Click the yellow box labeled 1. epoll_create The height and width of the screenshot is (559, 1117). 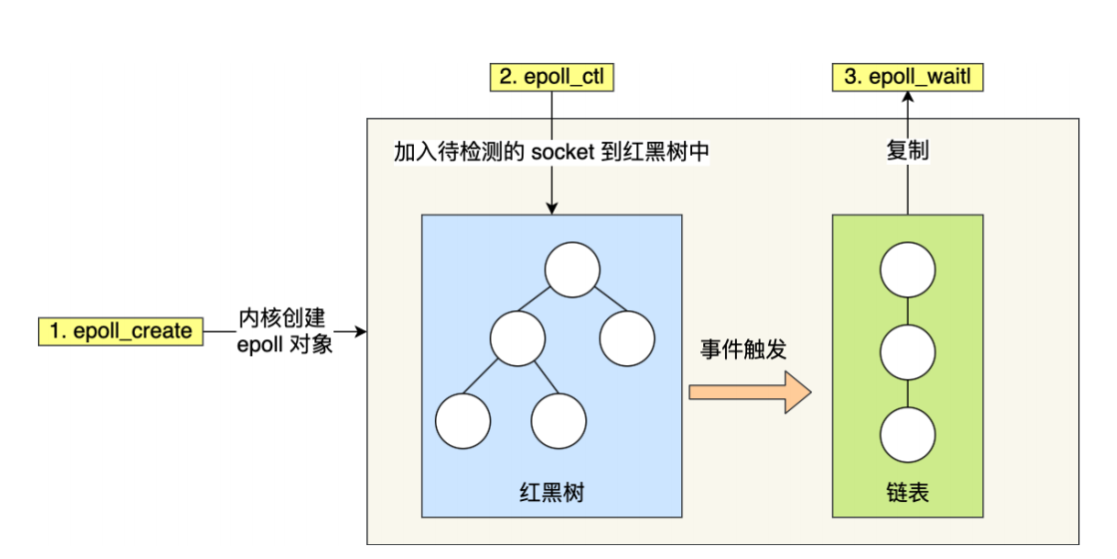[x=122, y=331]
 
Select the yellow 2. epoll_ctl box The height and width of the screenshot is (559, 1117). [x=550, y=77]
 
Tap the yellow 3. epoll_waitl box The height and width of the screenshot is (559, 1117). [x=907, y=77]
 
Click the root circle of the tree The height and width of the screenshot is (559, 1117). [x=571, y=270]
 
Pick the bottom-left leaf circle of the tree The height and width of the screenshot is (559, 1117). [x=464, y=420]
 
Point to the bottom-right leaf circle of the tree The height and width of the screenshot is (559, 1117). [x=558, y=420]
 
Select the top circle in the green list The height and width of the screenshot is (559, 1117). [x=908, y=270]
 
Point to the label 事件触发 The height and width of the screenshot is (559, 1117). [x=743, y=349]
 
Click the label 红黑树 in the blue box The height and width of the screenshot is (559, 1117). [x=551, y=491]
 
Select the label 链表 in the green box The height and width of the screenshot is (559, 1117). [x=907, y=491]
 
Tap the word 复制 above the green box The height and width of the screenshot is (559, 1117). [x=907, y=152]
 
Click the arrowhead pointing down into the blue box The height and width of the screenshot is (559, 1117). [x=551, y=208]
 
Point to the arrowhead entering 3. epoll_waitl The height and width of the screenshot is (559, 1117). [x=908, y=98]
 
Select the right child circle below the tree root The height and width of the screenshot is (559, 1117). [x=626, y=337]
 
